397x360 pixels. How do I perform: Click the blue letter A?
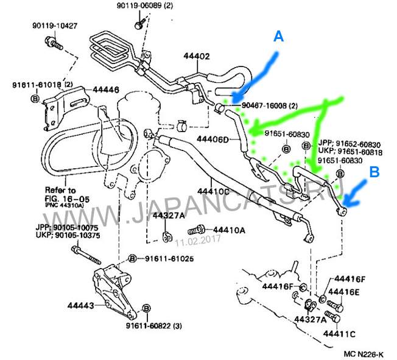pos(278,37)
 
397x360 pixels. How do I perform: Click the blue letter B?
pos(376,172)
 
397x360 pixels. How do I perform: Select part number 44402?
pos(196,57)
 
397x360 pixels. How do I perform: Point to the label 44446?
pos(106,90)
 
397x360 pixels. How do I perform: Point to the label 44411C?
pos(339,334)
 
